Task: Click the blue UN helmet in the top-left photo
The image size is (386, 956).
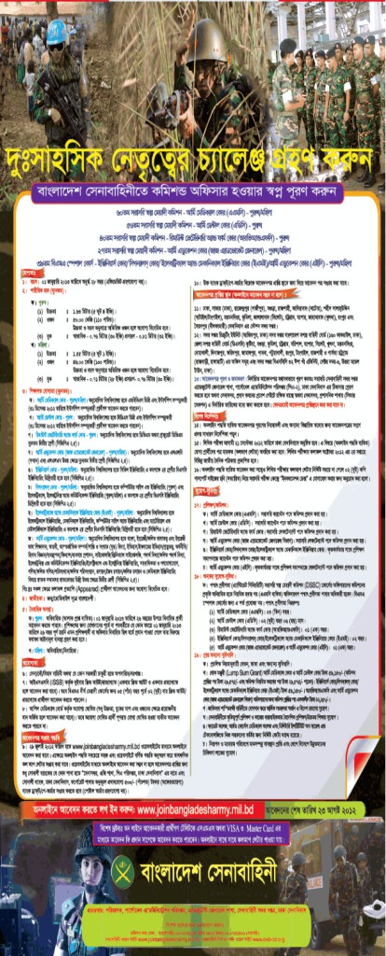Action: pyautogui.click(x=57, y=33)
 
